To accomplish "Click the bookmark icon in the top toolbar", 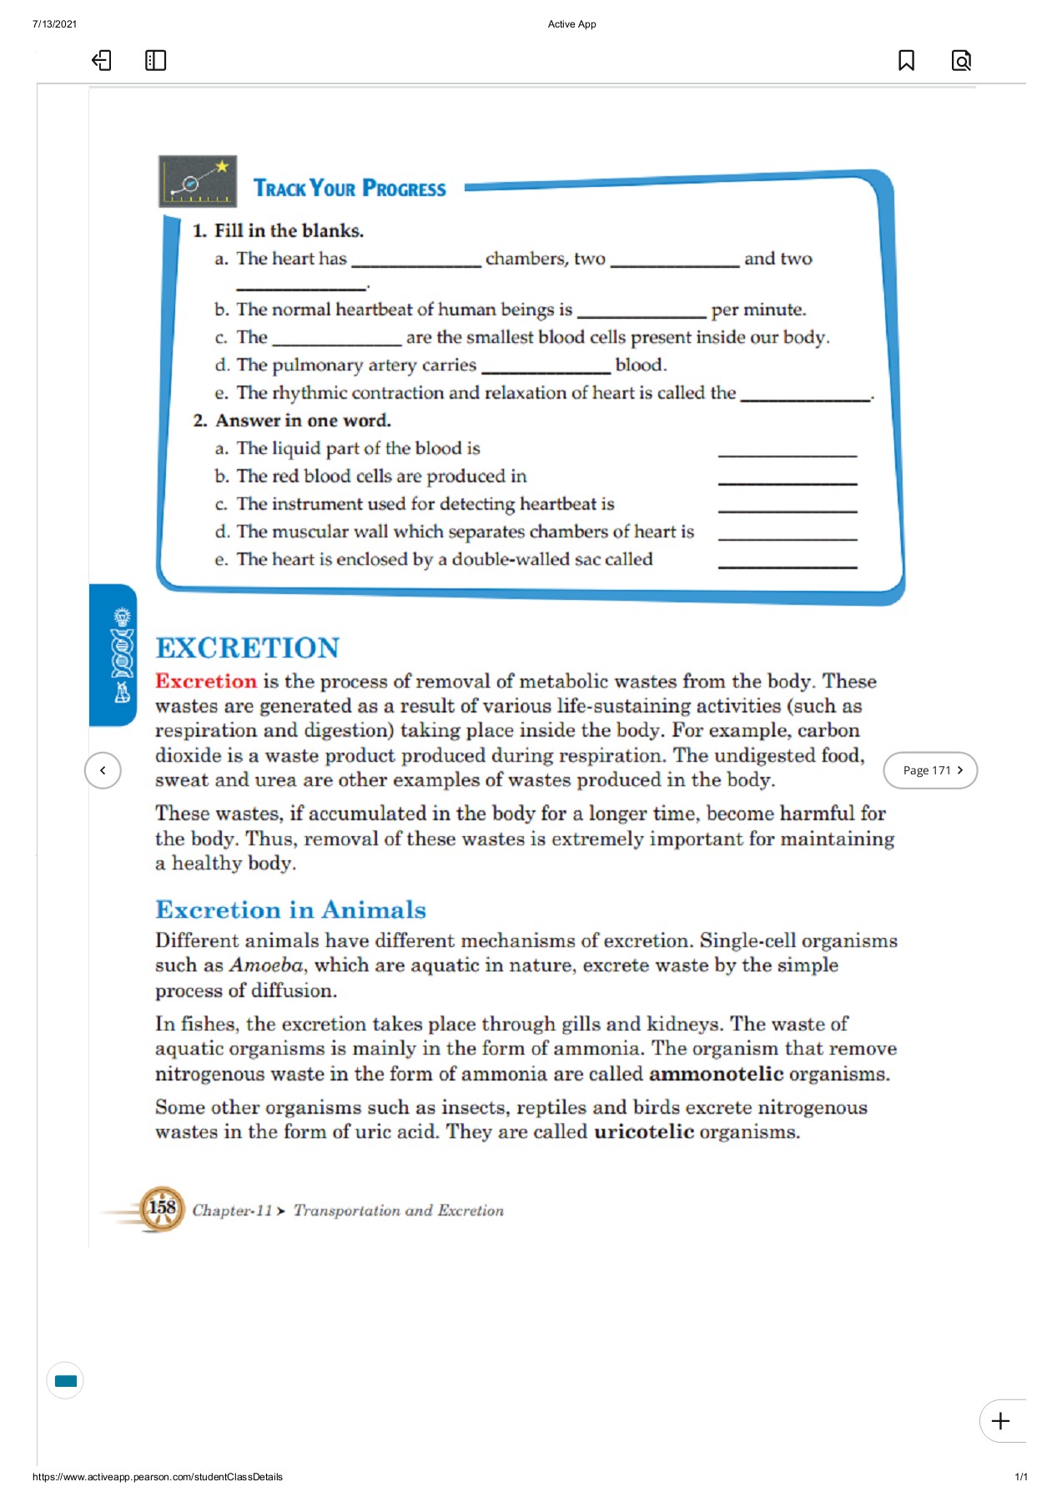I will tap(906, 60).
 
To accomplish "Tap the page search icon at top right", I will tap(961, 60).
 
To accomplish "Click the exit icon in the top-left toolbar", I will tap(101, 60).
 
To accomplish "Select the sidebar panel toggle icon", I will tap(155, 60).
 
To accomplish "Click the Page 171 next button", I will tap(930, 770).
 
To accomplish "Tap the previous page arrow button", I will tap(103, 770).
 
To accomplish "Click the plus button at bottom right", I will tap(1000, 1420).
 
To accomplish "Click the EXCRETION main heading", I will tap(248, 648).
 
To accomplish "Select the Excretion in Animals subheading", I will tap(290, 910).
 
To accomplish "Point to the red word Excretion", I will tap(206, 681).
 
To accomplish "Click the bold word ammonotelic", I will tap(716, 1073).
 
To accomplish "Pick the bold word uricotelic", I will tap(643, 1132).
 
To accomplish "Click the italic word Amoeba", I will tap(266, 965).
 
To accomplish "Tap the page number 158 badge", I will tap(162, 1208).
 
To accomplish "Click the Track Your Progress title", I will tap(350, 189).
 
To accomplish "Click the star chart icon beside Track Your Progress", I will tap(198, 181).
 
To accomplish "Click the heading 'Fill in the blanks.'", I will tap(289, 230).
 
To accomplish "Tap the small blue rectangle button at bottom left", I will tap(65, 1380).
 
